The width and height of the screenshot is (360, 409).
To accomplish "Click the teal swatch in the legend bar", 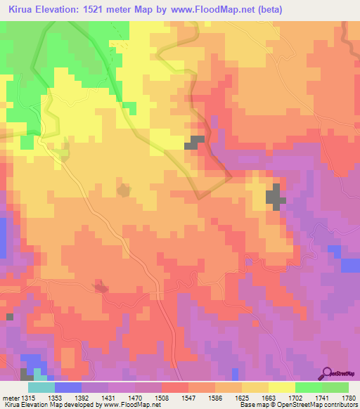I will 41,387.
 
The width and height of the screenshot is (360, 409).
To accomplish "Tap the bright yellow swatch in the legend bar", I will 282,387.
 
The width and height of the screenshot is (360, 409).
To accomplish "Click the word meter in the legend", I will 8,397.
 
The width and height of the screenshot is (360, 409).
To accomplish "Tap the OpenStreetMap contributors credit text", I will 320,405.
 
